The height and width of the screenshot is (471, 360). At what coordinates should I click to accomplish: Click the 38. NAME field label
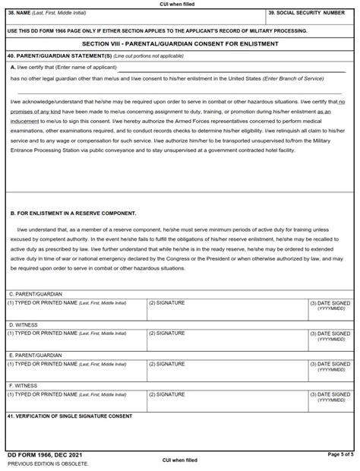coord(38,14)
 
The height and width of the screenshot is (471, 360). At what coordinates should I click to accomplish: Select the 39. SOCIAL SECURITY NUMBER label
coord(308,14)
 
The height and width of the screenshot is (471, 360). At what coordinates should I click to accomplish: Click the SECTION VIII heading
coord(180,44)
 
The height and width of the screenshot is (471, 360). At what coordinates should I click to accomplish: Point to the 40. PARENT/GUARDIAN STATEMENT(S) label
coord(53,56)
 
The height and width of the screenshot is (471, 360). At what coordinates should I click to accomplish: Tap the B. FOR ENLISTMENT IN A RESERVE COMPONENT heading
coord(73,213)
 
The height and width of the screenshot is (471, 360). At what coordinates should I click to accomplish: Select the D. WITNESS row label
coord(22,324)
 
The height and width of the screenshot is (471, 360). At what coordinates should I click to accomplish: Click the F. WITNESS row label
coord(22,385)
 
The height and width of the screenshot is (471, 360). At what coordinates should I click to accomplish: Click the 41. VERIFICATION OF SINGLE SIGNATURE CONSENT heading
coord(69,416)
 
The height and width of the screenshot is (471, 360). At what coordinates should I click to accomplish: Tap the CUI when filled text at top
coord(180,4)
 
